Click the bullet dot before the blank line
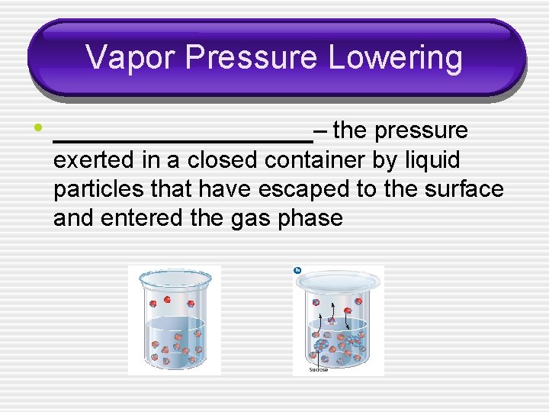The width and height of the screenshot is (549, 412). (37, 127)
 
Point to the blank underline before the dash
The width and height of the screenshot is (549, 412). (183, 141)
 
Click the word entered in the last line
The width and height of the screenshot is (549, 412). (144, 218)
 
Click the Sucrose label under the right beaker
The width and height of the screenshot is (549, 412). (318, 370)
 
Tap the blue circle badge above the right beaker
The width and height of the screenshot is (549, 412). (297, 270)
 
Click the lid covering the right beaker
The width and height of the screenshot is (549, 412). (339, 281)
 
